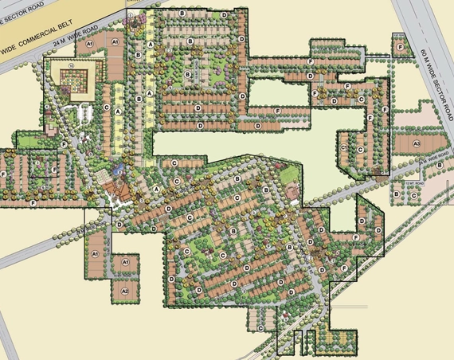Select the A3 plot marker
417,143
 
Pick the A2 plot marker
125,292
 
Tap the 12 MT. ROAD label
411,182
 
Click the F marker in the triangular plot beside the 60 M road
399,48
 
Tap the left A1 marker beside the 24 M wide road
90,41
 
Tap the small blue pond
118,169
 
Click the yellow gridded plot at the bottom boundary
334,340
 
